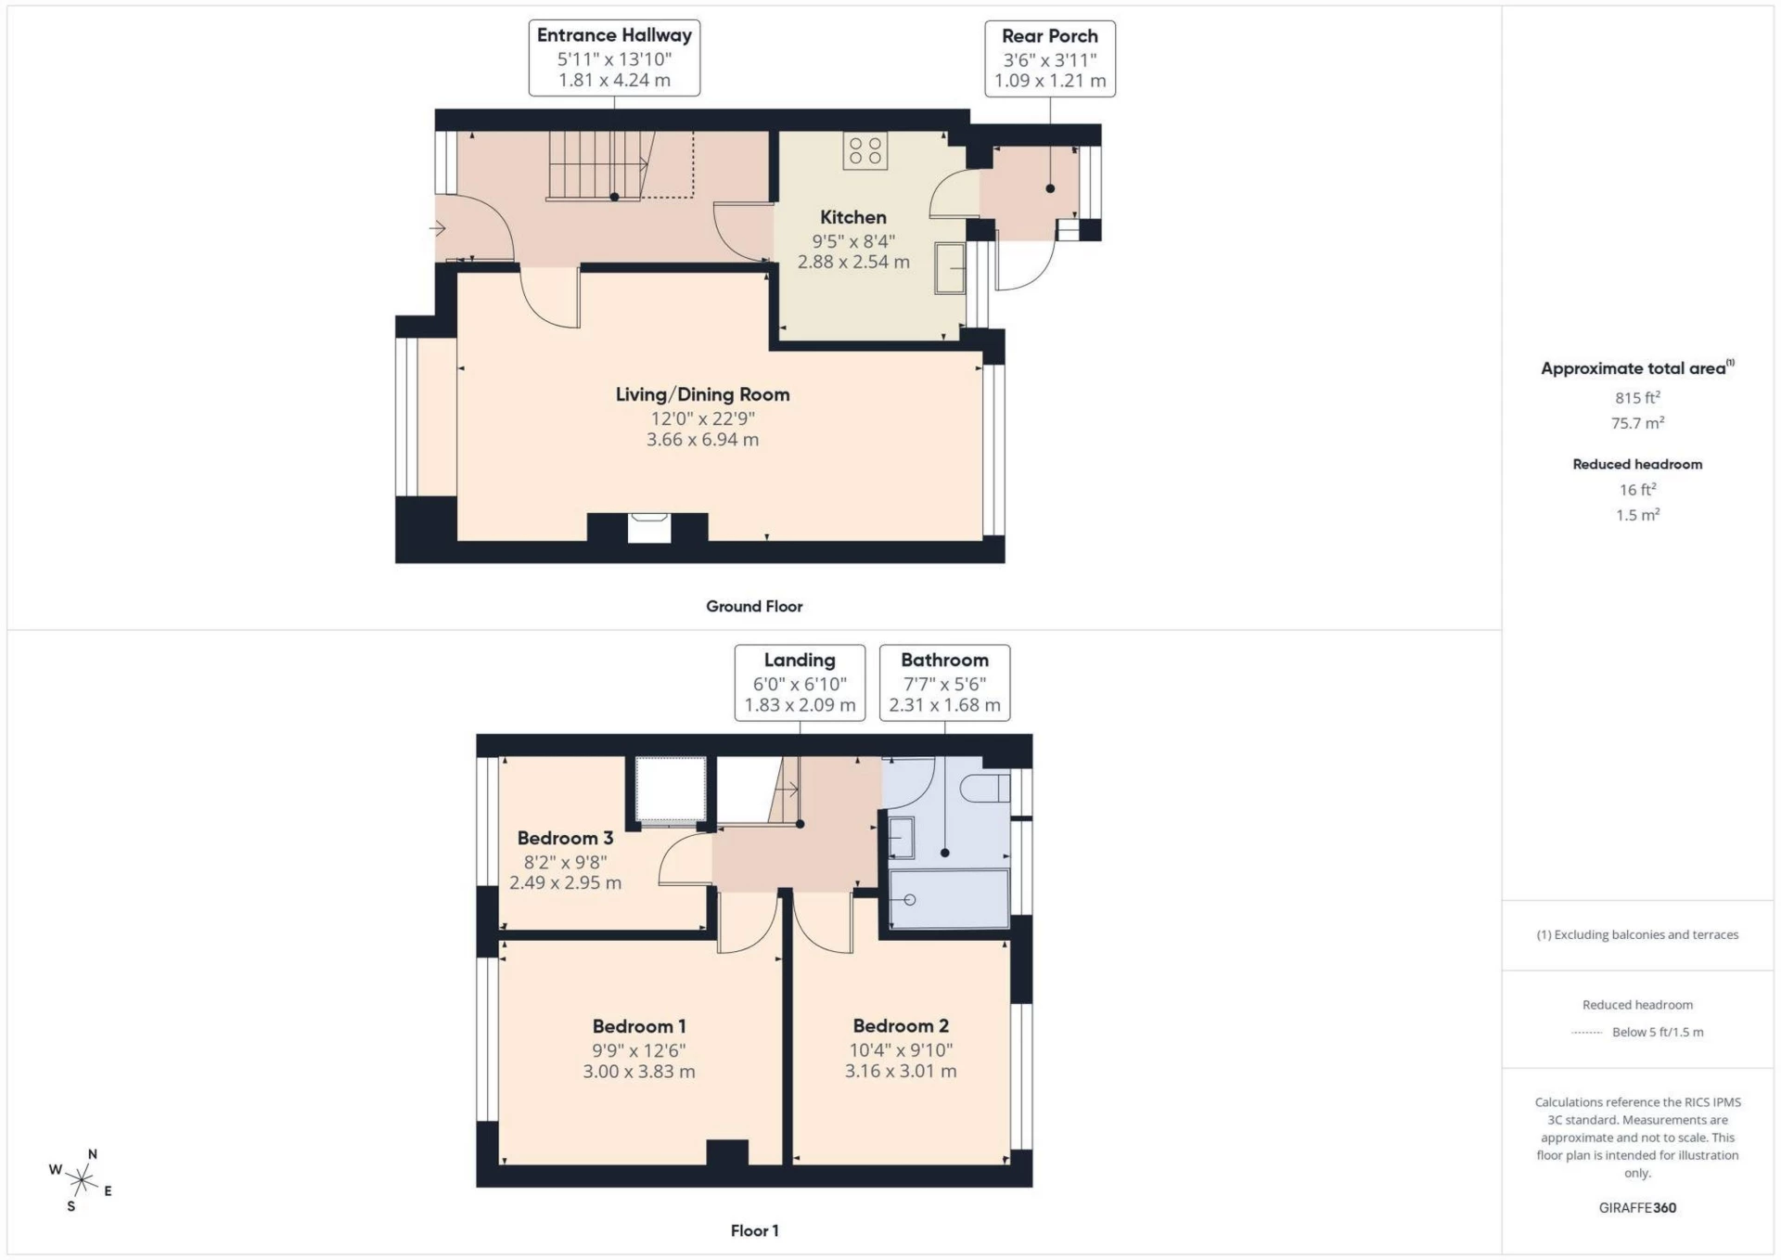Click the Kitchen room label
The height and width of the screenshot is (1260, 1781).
click(852, 217)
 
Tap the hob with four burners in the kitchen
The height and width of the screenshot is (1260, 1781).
click(865, 150)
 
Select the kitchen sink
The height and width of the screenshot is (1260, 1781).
click(949, 268)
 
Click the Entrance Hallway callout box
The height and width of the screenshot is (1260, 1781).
click(614, 58)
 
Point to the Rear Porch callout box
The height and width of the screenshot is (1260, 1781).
click(1049, 58)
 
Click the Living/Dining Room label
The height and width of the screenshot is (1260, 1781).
click(702, 394)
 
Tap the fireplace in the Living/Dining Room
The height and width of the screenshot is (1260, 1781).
click(648, 527)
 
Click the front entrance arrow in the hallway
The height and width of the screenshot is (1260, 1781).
click(438, 228)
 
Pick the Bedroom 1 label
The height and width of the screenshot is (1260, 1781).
click(639, 1026)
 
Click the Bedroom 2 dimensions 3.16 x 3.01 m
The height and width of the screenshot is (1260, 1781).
click(900, 1071)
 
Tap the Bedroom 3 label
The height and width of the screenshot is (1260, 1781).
click(565, 838)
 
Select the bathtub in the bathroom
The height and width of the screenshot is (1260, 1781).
click(948, 898)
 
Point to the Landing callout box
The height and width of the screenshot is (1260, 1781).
click(799, 683)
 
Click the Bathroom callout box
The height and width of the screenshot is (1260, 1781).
click(944, 683)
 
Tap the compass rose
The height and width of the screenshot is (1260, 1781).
click(82, 1180)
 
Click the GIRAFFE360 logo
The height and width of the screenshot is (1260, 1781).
click(1637, 1208)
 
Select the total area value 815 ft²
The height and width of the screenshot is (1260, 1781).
click(1637, 398)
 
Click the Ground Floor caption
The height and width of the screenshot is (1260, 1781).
click(754, 607)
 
